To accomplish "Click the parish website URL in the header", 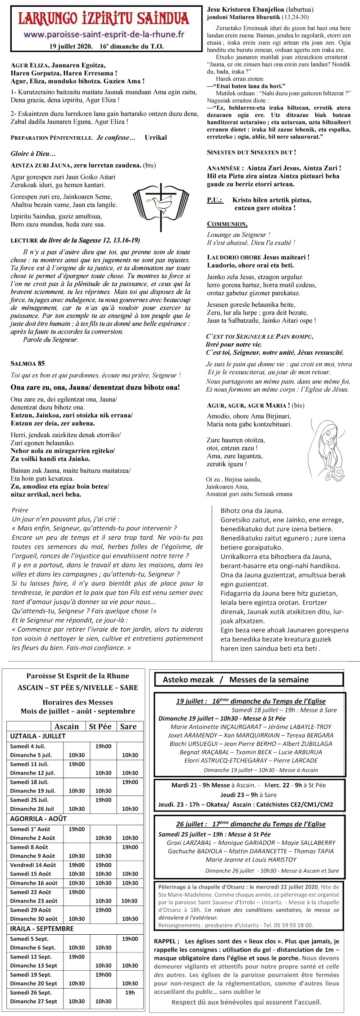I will tap(105, 34).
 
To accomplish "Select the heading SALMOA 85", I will tap(28, 363).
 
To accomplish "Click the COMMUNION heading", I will tap(227, 224).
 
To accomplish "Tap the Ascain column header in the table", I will tap(66, 726).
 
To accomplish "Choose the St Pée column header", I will tap(100, 726).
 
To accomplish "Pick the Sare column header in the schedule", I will tap(128, 726).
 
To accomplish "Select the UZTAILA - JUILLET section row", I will tap(38, 736).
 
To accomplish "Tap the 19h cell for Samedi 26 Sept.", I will tap(130, 992).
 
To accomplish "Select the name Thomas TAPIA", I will tap(314, 851).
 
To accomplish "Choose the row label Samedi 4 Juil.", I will tap(28, 746).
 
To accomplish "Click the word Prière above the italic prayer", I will tap(20, 510).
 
